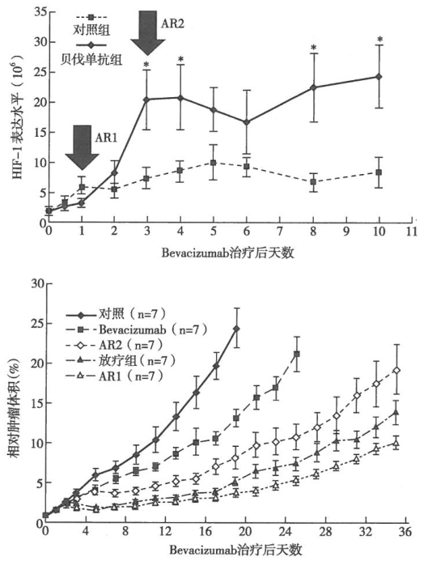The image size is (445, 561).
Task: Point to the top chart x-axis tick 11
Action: tap(413, 230)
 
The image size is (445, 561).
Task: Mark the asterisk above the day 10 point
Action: tap(379, 40)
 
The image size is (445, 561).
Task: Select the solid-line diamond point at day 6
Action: tap(246, 122)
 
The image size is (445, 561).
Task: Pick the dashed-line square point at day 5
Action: tap(213, 163)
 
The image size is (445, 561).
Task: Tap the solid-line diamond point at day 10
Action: tap(379, 76)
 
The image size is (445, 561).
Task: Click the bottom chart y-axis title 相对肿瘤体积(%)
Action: tap(14, 405)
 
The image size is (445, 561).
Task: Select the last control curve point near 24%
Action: tap(236, 329)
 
